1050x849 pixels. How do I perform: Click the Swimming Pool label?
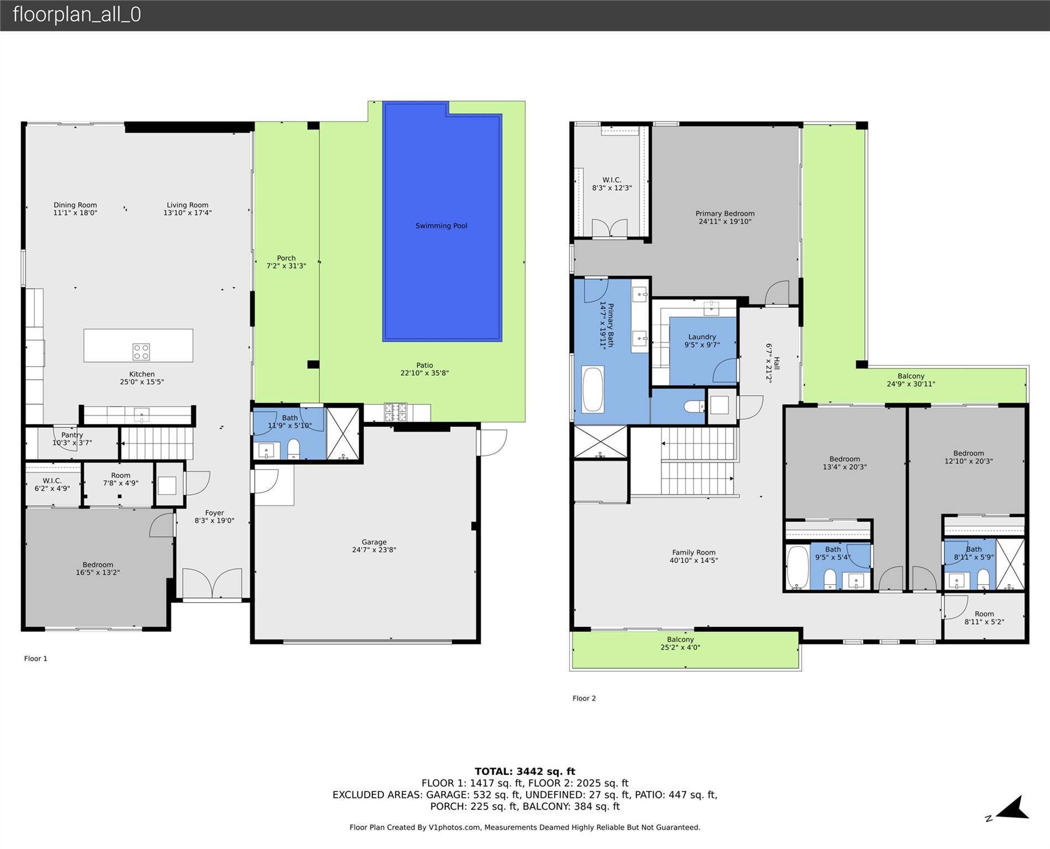point(441,226)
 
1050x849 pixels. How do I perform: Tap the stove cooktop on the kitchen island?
point(141,352)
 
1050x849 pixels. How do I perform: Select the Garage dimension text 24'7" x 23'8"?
point(374,550)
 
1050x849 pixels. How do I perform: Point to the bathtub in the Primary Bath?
point(592,389)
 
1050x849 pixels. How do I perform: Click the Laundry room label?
point(702,337)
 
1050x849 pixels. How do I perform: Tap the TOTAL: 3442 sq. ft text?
point(525,772)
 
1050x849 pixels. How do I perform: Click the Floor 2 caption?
point(584,698)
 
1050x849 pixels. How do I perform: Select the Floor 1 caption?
point(36,658)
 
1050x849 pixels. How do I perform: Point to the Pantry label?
point(72,435)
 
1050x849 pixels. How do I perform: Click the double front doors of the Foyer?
point(213,584)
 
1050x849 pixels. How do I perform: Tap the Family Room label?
point(694,552)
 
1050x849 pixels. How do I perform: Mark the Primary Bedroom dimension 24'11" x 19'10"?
point(725,222)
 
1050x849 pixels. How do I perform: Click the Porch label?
point(286,258)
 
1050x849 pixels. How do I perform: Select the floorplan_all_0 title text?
point(77,14)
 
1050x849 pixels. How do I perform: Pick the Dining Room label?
point(75,205)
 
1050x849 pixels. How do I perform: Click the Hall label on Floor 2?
point(776,363)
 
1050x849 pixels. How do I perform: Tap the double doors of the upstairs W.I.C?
point(610,228)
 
